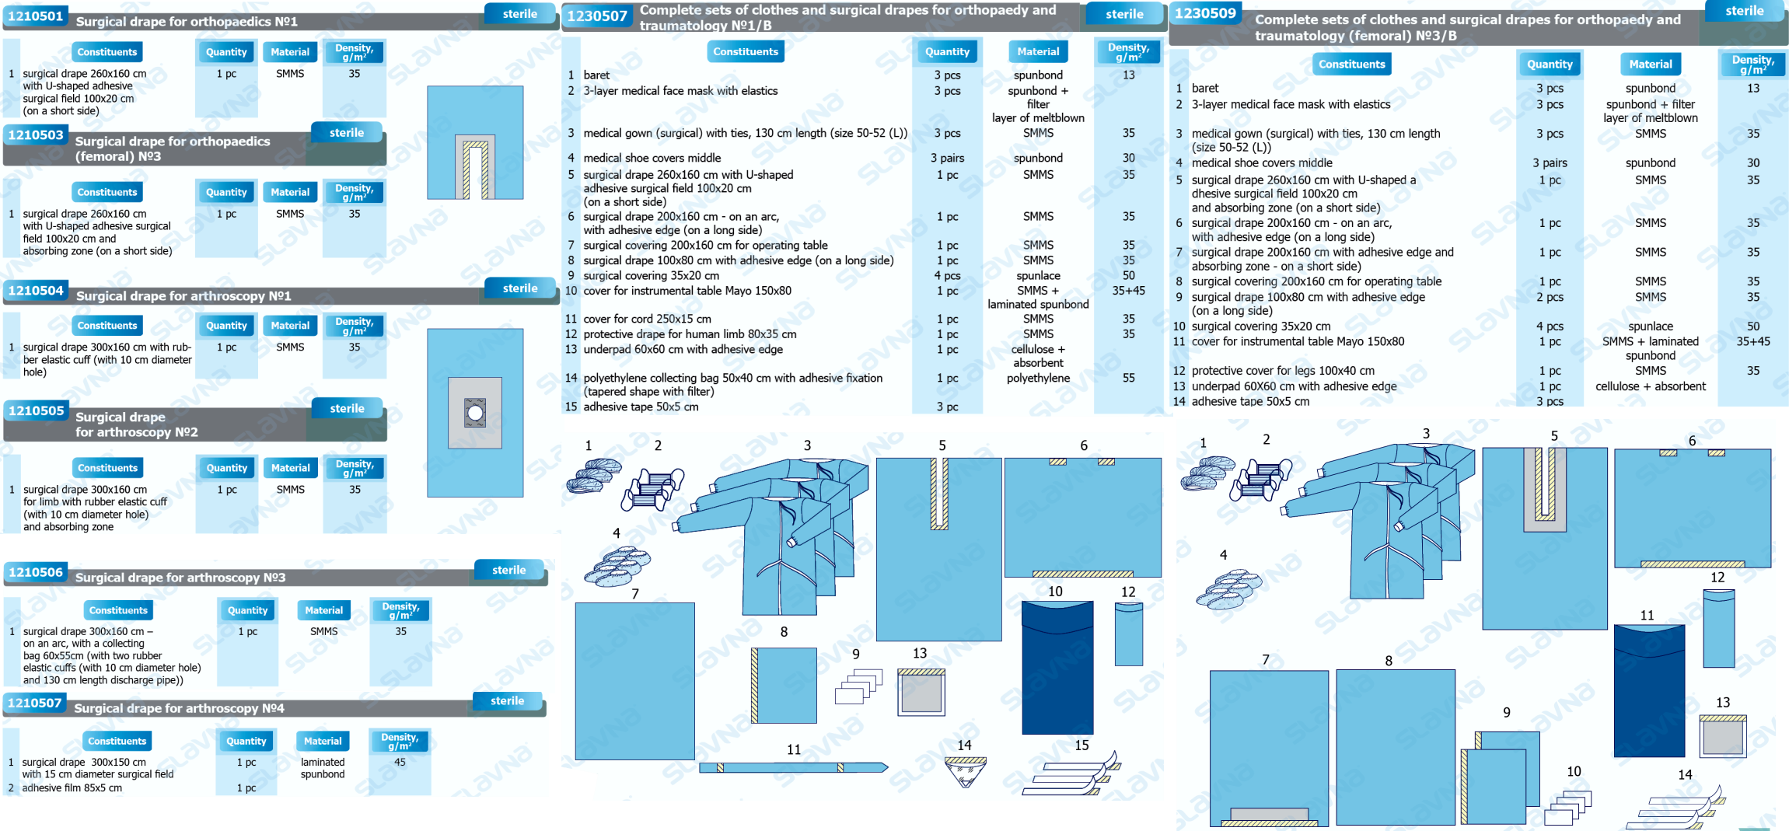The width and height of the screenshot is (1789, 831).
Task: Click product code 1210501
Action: [x=36, y=16]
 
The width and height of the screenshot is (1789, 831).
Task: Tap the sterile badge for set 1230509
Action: [x=1744, y=11]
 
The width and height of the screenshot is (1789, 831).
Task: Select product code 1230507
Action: [x=596, y=16]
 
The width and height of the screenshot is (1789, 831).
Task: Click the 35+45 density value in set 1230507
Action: [x=1128, y=291]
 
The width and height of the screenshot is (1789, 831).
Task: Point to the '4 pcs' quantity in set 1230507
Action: [x=947, y=276]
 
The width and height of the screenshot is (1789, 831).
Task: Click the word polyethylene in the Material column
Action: [x=1038, y=379]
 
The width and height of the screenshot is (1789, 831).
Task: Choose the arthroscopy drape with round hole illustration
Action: [x=475, y=413]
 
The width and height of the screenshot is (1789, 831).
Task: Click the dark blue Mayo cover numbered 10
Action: [x=1057, y=669]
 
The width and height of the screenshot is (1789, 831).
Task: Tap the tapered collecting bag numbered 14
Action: [x=966, y=772]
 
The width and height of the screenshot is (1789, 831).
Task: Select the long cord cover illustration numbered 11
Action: [x=792, y=768]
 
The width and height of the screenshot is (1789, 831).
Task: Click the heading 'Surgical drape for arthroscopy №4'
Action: [x=179, y=708]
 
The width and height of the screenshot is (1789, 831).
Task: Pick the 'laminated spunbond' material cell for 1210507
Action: [x=323, y=768]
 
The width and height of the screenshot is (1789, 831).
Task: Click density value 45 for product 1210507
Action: [x=400, y=763]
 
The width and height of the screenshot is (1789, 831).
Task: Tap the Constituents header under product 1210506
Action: [x=117, y=611]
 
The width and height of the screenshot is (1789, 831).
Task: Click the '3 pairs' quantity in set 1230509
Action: [x=1550, y=163]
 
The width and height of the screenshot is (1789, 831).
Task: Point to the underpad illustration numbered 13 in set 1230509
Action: [x=1722, y=737]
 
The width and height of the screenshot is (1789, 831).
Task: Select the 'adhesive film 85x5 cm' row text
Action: [x=72, y=788]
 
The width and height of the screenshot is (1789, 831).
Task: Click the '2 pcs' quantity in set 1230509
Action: [x=1550, y=298]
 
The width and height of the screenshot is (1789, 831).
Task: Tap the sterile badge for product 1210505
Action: [x=347, y=409]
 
